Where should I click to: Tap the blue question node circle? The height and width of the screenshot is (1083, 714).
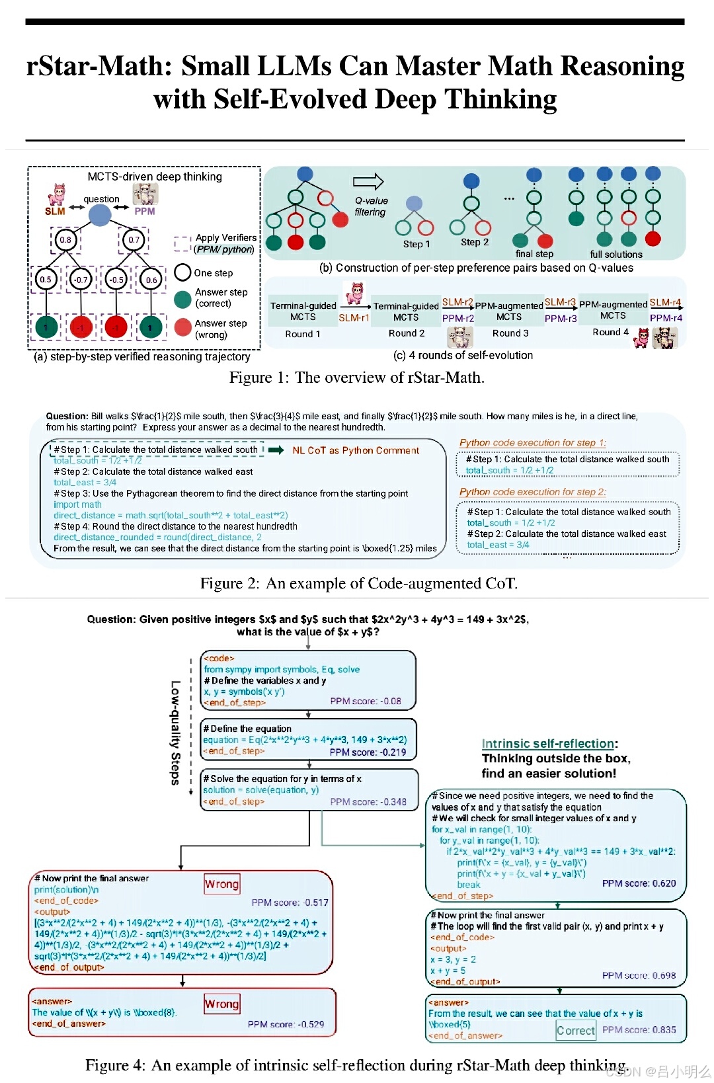99,214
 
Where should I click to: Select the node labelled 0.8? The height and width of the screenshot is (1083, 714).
65,240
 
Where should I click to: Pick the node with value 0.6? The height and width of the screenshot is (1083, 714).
151,280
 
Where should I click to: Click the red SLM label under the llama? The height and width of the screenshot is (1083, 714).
55,212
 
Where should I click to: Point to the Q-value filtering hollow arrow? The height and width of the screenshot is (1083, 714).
368,181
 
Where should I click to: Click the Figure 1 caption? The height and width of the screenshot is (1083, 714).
356,378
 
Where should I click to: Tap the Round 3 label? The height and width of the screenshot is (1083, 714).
510,333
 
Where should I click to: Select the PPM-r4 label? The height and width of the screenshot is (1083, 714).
666,318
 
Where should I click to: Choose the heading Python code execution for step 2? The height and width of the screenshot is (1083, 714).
532,492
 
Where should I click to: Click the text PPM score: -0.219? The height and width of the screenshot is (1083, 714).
368,752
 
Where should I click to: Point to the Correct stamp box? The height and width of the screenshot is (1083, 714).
575,1030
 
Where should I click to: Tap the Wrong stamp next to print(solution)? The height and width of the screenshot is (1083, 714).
221,884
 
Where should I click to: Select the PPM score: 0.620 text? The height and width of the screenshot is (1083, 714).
639,883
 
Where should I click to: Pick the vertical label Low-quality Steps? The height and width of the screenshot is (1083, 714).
175,733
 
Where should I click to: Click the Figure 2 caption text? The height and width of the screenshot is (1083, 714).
358,583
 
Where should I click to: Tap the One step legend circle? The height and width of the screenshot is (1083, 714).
182,272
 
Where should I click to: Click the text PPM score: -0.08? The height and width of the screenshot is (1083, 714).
365,701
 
